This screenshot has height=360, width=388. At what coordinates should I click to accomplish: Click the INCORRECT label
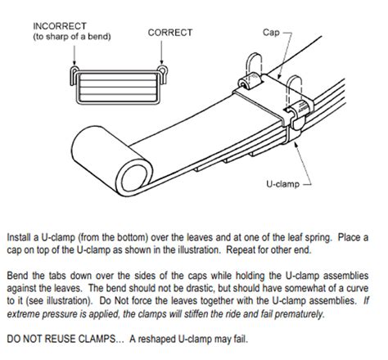60,26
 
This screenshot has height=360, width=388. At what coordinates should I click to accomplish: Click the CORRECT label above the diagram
170,33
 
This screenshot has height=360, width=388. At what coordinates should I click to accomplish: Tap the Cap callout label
271,33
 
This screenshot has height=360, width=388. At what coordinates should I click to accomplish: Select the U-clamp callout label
282,184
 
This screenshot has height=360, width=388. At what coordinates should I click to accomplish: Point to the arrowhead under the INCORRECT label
74,62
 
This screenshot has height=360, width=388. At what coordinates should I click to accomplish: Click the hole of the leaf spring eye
134,177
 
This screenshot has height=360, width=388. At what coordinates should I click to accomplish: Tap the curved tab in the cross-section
163,74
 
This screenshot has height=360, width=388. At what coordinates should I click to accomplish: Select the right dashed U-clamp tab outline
294,88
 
